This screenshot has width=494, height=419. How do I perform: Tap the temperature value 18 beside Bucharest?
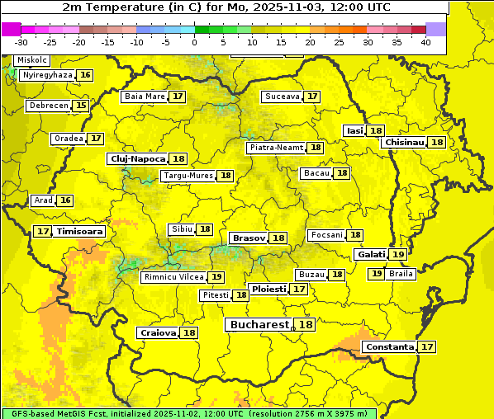point(306,325)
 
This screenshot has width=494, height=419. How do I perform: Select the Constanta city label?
point(389,347)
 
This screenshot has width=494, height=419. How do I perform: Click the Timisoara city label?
point(80,232)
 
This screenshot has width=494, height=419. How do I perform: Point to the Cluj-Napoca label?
point(137,158)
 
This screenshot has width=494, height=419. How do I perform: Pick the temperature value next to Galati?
point(397,255)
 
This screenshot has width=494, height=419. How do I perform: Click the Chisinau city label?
point(404,142)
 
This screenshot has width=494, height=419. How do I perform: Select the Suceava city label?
point(282,97)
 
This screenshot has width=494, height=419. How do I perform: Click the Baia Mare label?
point(145,97)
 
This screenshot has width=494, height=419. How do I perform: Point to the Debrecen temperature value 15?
point(80,106)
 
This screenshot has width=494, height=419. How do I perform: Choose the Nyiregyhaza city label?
point(48,75)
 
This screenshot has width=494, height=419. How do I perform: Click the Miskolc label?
point(32,60)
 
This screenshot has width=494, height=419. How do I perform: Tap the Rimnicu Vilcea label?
point(173,277)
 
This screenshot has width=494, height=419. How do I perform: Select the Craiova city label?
point(158,333)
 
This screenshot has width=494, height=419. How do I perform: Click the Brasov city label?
point(249,238)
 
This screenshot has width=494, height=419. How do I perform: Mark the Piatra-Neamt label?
point(276,148)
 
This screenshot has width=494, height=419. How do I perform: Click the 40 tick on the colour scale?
point(425,42)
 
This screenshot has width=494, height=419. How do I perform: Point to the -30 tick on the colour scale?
point(21,42)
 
